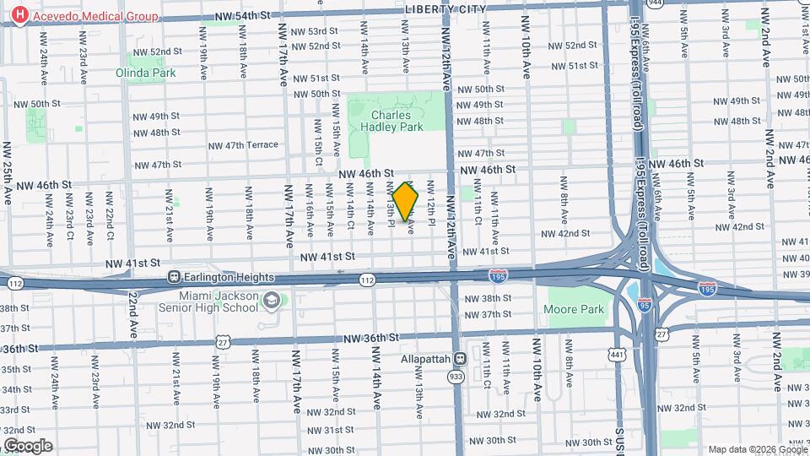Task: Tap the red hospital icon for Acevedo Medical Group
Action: coord(17,17)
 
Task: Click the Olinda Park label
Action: coord(146,73)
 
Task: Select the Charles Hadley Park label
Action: coord(391,122)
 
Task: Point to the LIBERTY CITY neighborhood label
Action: coord(445,8)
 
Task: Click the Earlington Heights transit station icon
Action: coord(175,277)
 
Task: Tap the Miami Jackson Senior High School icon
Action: coord(272,301)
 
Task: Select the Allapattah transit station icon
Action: coord(460,359)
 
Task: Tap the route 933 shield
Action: coord(456,377)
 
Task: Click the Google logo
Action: coord(27,446)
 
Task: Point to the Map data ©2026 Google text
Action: coord(757,449)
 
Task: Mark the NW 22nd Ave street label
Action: coord(133,317)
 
